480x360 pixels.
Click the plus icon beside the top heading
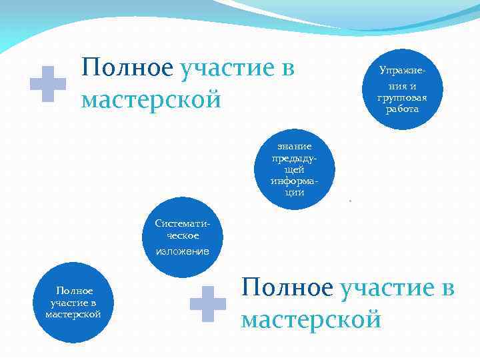point(48,84)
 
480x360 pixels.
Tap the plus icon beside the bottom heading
point(209,304)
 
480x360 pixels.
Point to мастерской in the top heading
point(151,100)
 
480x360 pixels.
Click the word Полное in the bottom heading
point(287,288)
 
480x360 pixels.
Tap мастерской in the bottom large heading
point(311,319)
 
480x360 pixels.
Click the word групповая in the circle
point(402,98)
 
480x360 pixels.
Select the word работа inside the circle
point(402,109)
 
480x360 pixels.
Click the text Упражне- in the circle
point(402,70)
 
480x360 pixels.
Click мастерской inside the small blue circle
point(74,313)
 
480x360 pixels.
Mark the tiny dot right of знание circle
point(349,200)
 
